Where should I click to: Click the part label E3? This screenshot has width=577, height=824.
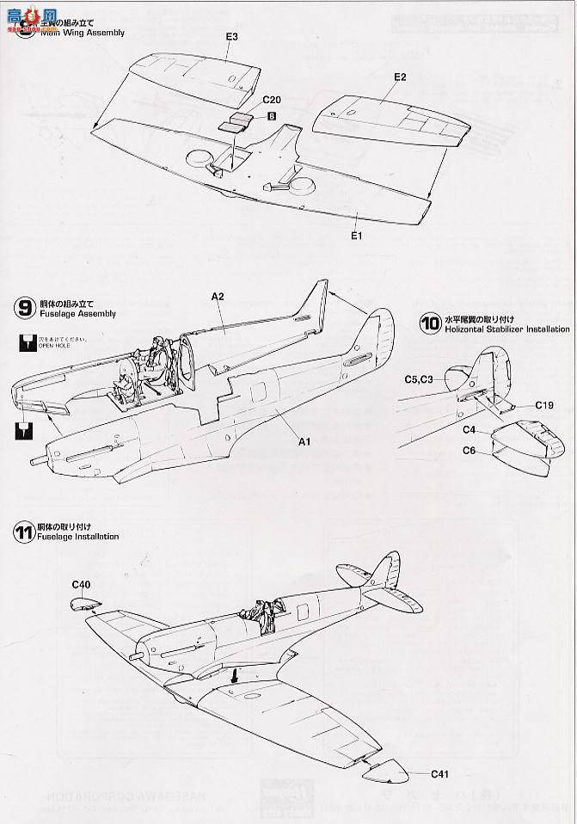(232, 36)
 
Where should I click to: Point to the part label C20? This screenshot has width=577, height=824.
(248, 101)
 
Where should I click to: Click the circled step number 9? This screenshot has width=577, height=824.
(24, 308)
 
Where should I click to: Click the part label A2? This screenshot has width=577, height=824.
(217, 295)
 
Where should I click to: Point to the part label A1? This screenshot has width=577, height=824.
(303, 441)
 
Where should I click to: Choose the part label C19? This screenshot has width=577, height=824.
(543, 404)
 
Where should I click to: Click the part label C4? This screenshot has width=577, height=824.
(470, 428)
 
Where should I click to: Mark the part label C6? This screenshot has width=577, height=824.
(470, 450)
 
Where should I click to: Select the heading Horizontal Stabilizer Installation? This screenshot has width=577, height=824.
(507, 329)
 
